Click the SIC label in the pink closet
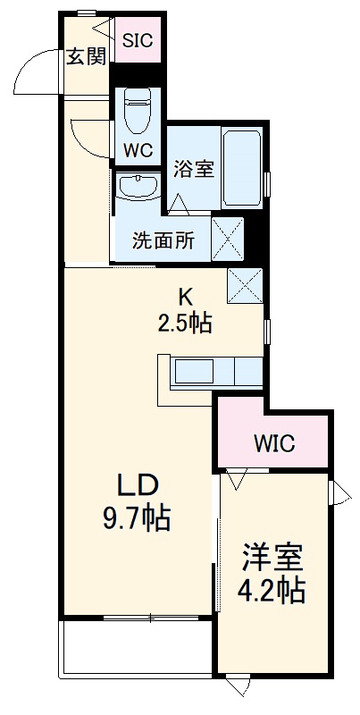coord(138,39)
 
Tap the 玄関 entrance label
coord(86,57)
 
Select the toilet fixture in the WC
coord(138,111)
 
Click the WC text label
coord(138,150)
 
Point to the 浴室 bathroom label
coord(193,167)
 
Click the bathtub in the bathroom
coord(243,168)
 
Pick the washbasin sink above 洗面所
coord(137,188)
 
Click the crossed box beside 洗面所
coord(227,239)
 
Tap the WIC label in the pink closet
coord(273,442)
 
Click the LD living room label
coord(138,485)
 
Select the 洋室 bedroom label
coord(272,558)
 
